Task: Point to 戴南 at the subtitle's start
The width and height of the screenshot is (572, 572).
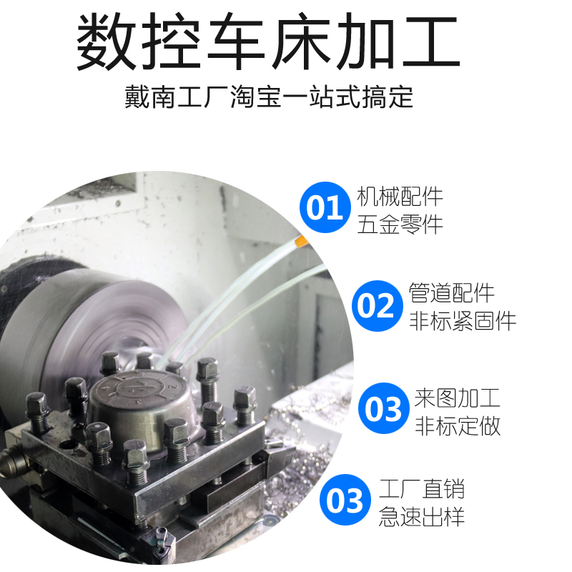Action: coord(150,97)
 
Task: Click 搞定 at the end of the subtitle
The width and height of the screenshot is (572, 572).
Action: coord(387,97)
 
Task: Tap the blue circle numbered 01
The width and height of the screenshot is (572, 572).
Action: coord(325,207)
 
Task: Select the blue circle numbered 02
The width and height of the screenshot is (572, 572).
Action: coord(378,306)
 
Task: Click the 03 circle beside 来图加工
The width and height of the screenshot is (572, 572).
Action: coord(384,408)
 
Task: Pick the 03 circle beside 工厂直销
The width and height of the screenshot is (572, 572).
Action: coord(345,500)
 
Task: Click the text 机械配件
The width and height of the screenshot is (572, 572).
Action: coord(400,197)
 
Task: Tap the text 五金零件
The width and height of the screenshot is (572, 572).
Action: coord(400,224)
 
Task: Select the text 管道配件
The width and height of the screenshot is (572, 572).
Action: coord(452,292)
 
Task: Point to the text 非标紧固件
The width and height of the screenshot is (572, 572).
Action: coord(463,321)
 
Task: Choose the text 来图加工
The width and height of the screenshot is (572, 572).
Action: coord(458,398)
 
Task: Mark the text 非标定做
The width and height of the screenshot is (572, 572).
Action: coord(458,425)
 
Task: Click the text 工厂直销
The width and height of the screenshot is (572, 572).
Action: coord(422,489)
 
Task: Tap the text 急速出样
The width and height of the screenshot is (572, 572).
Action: coord(422,516)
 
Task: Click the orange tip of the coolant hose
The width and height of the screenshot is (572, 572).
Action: coord(301,241)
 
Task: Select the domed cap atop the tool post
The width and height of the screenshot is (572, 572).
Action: coord(140,405)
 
